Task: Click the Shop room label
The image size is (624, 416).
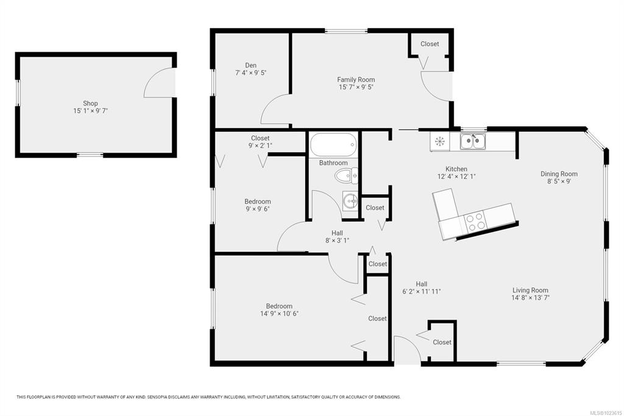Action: [90, 104]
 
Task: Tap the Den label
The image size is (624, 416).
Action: [250, 65]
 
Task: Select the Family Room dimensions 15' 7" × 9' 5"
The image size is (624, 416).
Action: [356, 87]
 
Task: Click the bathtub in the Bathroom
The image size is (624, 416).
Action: [333, 145]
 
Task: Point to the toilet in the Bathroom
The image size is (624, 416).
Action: [346, 176]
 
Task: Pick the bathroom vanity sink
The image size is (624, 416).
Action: [350, 201]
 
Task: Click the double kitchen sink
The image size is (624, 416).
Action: [473, 142]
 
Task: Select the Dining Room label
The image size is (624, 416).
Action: [559, 174]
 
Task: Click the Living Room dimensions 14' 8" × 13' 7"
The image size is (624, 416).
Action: [531, 298]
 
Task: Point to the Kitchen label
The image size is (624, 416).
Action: [456, 169]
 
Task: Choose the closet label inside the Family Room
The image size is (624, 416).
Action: [430, 44]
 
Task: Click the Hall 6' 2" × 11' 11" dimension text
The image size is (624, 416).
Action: [422, 292]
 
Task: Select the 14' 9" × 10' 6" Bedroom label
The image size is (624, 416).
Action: [279, 310]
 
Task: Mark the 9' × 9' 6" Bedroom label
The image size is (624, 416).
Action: [258, 205]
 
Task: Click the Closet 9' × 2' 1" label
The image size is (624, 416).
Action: [260, 142]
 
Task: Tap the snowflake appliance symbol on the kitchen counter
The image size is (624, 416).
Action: [440, 141]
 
